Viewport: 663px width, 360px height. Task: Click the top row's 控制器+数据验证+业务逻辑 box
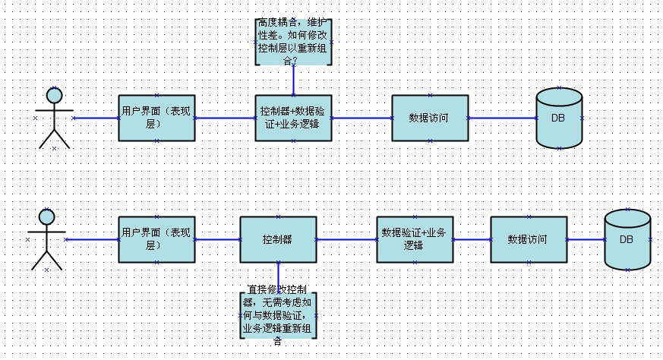click(x=293, y=118)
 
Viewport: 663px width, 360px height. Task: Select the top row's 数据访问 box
click(x=430, y=118)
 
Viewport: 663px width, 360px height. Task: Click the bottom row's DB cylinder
click(x=627, y=239)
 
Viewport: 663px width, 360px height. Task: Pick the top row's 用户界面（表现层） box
click(x=156, y=118)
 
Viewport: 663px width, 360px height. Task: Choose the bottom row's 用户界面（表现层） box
click(x=156, y=239)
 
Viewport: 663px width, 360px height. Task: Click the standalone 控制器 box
click(x=278, y=239)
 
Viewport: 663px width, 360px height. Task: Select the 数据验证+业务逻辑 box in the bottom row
click(x=415, y=239)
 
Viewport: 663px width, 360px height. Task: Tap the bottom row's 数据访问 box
click(x=529, y=239)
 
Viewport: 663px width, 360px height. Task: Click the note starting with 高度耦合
click(x=293, y=42)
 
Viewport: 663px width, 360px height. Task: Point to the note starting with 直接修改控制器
click(x=278, y=314)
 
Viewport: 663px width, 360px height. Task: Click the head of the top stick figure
click(x=54, y=95)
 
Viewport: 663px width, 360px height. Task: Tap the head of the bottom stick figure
click(x=46, y=216)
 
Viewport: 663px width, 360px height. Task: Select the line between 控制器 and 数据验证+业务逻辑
click(x=346, y=239)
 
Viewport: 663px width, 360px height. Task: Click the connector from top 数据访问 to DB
click(x=502, y=118)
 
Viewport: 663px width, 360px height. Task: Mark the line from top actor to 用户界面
click(x=96, y=118)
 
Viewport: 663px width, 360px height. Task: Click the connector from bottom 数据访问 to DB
click(x=586, y=239)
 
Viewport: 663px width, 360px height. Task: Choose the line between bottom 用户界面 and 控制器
click(x=217, y=239)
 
